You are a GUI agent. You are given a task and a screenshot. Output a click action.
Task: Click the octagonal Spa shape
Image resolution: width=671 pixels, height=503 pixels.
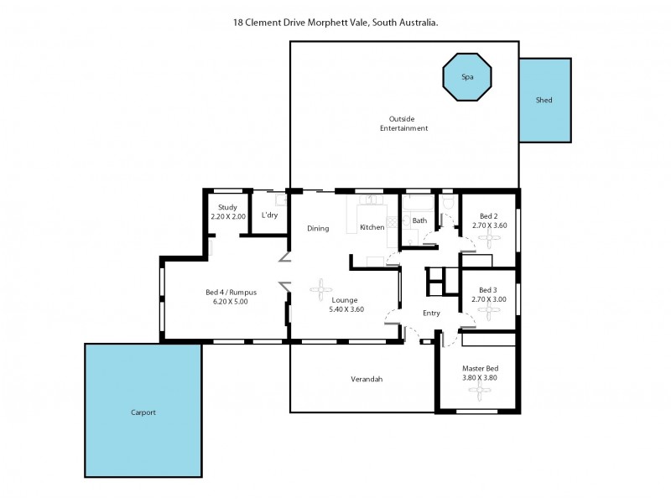coord(467,77)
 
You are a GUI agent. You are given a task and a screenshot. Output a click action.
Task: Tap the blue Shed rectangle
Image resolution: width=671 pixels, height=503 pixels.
coord(544,101)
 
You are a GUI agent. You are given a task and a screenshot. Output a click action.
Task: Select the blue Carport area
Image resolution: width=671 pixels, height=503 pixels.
coord(143,411)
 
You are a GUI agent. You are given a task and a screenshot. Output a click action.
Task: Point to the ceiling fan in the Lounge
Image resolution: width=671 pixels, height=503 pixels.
coord(321,289)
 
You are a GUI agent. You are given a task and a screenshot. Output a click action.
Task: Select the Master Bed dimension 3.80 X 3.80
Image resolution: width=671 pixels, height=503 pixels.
coord(480,377)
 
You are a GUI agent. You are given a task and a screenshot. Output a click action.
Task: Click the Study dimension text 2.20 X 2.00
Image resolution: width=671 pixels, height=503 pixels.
coord(228,216)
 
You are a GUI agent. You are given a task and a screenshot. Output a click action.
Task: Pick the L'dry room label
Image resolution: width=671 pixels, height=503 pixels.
coord(269,216)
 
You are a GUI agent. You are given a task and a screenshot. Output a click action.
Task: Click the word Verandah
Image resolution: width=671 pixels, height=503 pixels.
coord(367,379)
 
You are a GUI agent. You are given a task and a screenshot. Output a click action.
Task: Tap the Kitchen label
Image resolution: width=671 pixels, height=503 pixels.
coord(372,227)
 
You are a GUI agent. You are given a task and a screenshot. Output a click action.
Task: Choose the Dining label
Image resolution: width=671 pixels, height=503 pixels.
coord(318,228)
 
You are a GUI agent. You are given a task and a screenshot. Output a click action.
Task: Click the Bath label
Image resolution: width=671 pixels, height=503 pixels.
coord(419,221)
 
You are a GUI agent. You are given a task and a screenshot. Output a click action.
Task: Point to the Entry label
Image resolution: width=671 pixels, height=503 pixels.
coord(431,313)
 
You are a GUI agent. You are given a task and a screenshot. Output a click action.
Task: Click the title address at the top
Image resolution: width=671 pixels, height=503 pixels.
coord(335,23)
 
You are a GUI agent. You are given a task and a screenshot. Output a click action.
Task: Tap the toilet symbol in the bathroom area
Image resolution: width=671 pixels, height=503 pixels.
coord(450,206)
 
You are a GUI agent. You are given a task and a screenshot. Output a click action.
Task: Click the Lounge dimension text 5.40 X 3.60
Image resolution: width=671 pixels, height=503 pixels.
coord(345,309)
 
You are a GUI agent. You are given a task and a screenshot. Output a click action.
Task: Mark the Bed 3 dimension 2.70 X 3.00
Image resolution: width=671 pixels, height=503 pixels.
coord(488,298)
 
